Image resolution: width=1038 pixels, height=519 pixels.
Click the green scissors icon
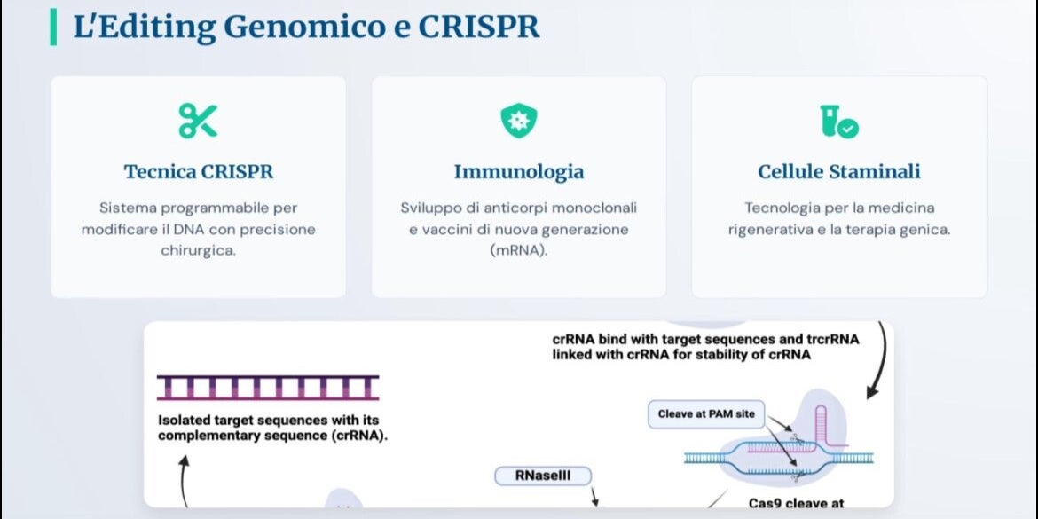pos(198,121)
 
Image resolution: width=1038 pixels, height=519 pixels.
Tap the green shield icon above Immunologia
pos(518,121)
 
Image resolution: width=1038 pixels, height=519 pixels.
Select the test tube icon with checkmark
pos(838,122)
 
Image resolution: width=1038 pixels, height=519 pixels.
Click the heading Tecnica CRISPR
pos(199,172)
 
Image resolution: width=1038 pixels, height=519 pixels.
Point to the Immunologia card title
pos(519,172)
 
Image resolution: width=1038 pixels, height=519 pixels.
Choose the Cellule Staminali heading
pos(839,172)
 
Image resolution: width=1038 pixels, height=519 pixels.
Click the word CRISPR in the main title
pos(479,27)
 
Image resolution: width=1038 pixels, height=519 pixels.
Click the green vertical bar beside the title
pos(53,28)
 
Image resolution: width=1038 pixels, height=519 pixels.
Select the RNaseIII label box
pos(543,476)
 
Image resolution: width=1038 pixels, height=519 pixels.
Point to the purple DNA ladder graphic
pos(268,388)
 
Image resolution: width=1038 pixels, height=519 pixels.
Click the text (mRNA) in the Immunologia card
pos(519,252)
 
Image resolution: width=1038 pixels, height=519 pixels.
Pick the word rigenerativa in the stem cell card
pos(774,231)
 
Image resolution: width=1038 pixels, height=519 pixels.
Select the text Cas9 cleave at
pos(797,504)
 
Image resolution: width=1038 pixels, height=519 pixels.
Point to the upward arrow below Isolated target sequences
pos(184,481)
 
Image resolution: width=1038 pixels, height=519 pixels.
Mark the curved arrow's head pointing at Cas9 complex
pos(872,392)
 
